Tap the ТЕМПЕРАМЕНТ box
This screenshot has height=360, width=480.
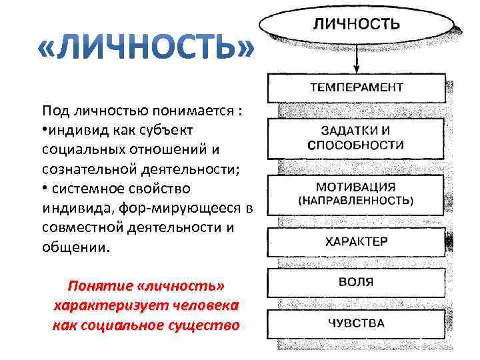(357, 87)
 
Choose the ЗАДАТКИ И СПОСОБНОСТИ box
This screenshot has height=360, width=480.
(357, 137)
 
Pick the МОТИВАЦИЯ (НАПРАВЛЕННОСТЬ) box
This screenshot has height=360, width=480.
(357, 193)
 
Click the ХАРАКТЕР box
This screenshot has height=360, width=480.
(357, 242)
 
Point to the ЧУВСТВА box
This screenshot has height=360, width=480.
(357, 324)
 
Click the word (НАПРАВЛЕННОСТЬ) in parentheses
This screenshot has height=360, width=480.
(357, 200)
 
